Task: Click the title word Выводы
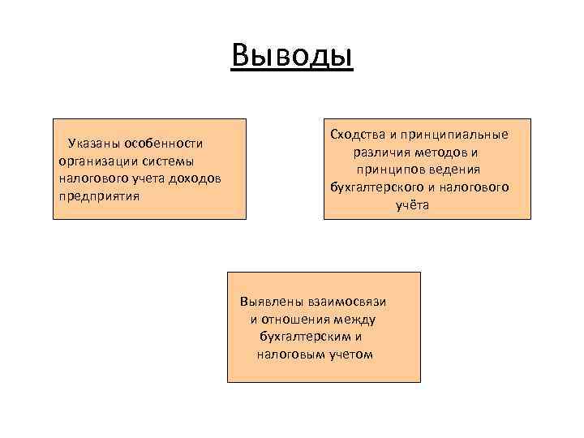pos(292,56)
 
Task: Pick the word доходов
pos(195,178)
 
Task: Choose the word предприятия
pos(99,195)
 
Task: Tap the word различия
pos(381,152)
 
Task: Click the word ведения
pos(456,170)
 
